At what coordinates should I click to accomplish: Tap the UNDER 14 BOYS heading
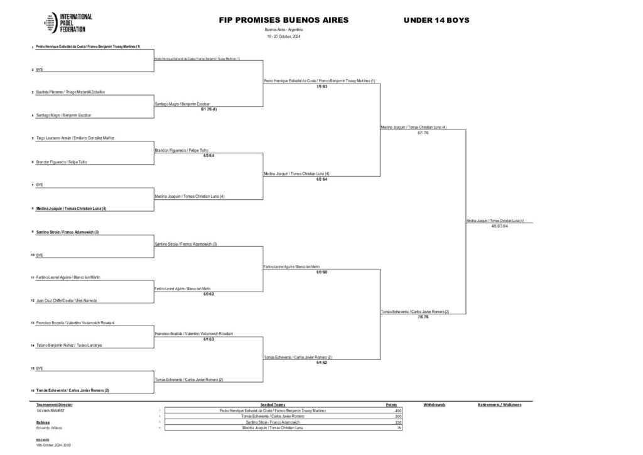[x=436, y=21]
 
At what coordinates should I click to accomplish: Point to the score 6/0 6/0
[x=321, y=272]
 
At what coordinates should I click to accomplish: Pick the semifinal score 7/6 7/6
[x=423, y=317]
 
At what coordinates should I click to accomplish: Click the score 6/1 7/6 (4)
[x=208, y=109]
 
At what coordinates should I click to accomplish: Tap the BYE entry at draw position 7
[x=40, y=185]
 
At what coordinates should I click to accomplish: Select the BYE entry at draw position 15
[x=40, y=368]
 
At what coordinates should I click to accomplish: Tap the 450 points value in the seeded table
[x=397, y=410]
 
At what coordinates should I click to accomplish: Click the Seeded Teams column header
[x=273, y=405]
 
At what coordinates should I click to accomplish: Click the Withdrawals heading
[x=435, y=405]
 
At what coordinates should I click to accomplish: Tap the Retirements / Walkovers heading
[x=499, y=405]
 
